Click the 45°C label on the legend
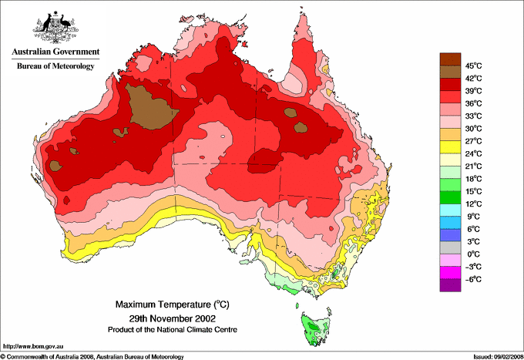click(x=473, y=66)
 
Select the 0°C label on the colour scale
click(x=473, y=254)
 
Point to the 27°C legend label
click(x=473, y=141)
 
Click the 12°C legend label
click(x=473, y=204)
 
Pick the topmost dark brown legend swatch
click(x=448, y=59)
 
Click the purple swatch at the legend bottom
click(x=448, y=285)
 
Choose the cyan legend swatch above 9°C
click(x=448, y=210)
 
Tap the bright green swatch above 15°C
click(x=448, y=185)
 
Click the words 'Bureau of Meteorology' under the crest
click(x=55, y=66)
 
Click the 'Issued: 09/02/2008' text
click(x=492, y=356)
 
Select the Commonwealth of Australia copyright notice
click(x=92, y=356)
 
